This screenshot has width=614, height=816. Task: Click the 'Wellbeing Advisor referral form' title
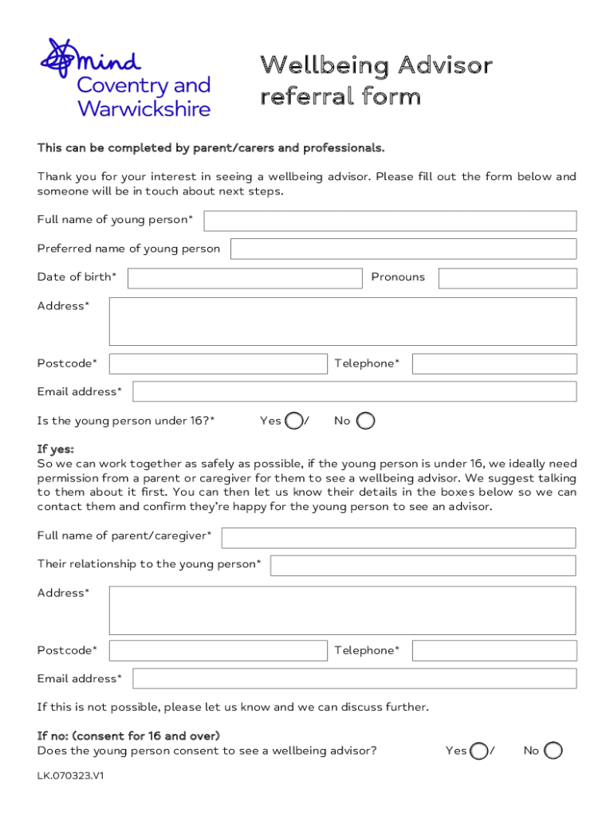[x=376, y=80]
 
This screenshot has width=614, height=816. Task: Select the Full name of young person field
[x=389, y=221]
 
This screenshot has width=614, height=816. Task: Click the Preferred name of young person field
[x=403, y=249]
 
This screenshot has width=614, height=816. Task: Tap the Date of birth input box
[x=244, y=278]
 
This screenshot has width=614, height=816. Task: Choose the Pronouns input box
[x=507, y=278]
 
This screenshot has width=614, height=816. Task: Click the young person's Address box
[x=342, y=321]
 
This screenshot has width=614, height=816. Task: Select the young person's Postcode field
[x=218, y=364]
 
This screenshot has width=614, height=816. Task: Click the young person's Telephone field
[x=494, y=364]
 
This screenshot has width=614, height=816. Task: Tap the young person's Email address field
[x=354, y=391]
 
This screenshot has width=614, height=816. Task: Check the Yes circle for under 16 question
[x=293, y=421]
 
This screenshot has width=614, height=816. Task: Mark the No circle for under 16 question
[x=365, y=421]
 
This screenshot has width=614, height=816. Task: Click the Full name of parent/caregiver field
[x=398, y=538]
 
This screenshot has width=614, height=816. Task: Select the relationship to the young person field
[x=423, y=566]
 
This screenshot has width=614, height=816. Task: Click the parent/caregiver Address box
[x=342, y=610]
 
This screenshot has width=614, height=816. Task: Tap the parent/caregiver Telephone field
[x=494, y=651]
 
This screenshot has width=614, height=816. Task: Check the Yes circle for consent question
[x=478, y=751]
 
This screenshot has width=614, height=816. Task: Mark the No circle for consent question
[x=553, y=751]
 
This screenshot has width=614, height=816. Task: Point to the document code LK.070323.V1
[x=71, y=775]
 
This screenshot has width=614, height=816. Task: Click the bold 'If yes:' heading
[x=55, y=449]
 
